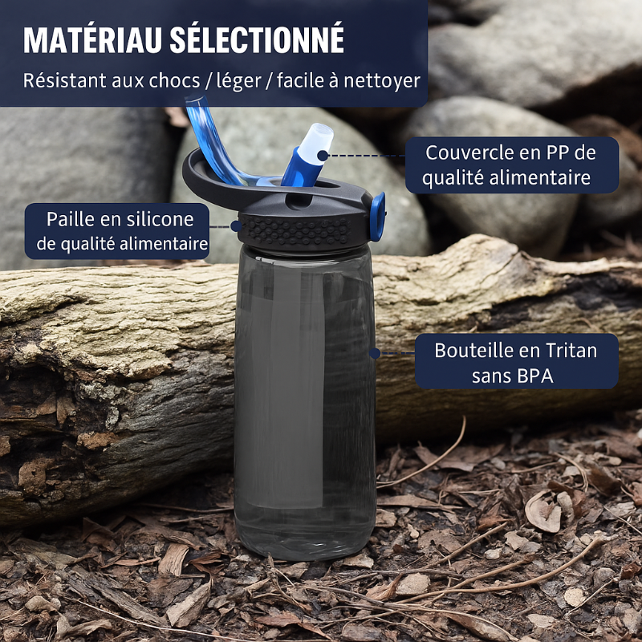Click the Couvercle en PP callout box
tap(512, 165)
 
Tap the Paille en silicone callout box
tap(119, 231)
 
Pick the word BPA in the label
tap(534, 376)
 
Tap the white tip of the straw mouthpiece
tap(320, 138)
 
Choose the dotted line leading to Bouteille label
tap(393, 352)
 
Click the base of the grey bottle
tap(305, 546)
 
